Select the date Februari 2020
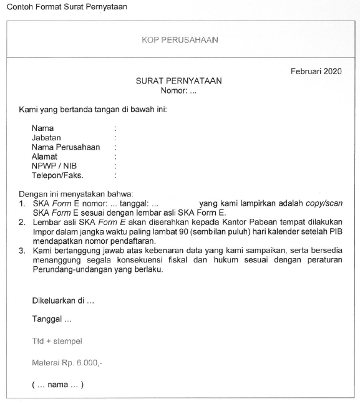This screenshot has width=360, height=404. (x=316, y=72)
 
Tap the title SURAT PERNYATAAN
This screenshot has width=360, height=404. (x=179, y=81)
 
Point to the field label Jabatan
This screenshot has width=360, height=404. (x=46, y=138)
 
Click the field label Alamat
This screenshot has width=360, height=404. (x=44, y=157)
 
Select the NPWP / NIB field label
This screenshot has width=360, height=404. (x=54, y=166)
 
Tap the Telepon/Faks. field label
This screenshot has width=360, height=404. (x=57, y=176)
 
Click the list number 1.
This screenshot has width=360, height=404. (x=22, y=203)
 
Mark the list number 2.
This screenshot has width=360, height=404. (x=22, y=222)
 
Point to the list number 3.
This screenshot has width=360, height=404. (x=22, y=250)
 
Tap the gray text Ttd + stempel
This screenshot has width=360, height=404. (x=57, y=342)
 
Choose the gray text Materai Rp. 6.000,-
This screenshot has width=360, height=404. (x=67, y=362)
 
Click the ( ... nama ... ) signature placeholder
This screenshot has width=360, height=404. (x=57, y=385)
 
